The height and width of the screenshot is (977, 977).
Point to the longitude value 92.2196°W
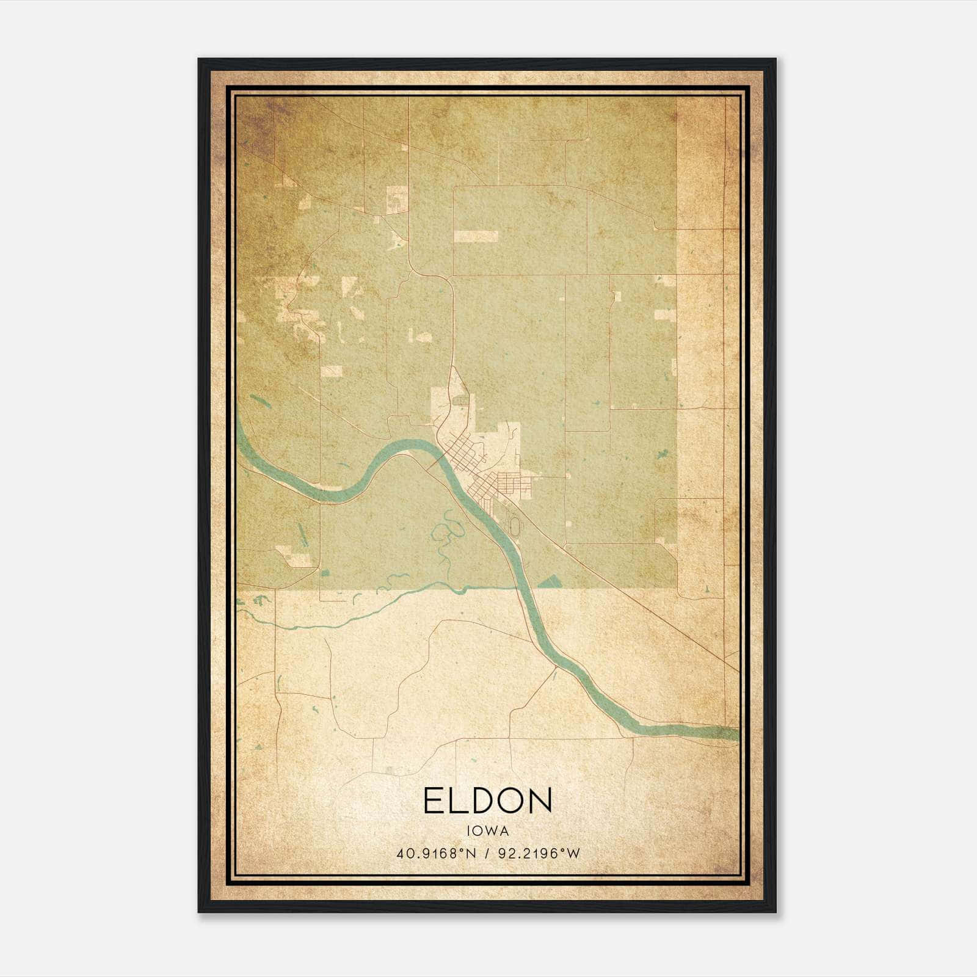[x=539, y=854]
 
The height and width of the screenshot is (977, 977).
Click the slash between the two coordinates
[x=487, y=854]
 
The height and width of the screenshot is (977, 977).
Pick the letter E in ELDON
[x=432, y=801]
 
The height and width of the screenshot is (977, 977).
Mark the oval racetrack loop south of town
[x=515, y=525]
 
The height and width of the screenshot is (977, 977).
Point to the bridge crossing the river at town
[x=435, y=463]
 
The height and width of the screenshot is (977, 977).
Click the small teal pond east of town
[x=661, y=454]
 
